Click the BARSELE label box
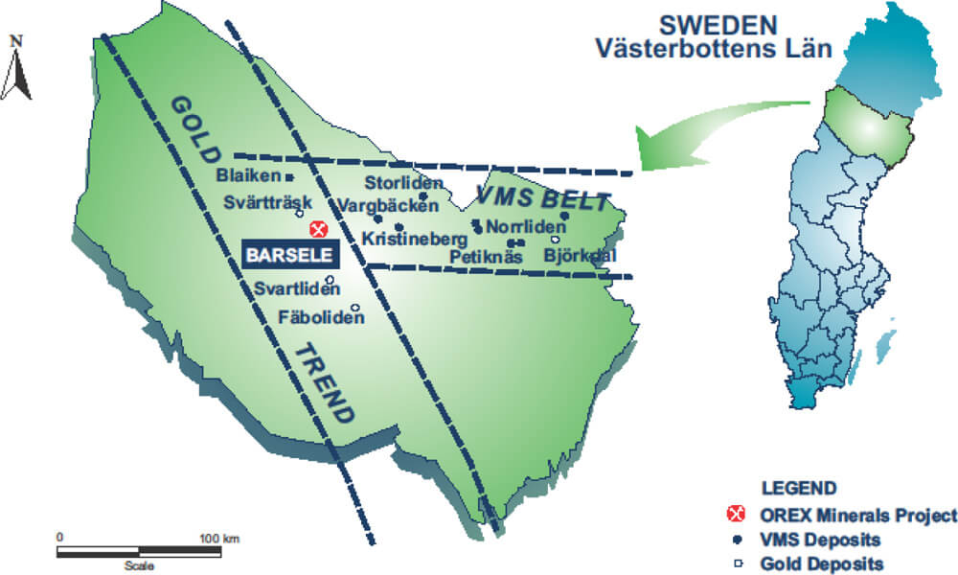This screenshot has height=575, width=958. click(289, 255)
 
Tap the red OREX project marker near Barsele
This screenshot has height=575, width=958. click(320, 229)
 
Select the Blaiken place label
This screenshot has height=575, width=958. click(247, 176)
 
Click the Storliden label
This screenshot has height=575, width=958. click(404, 183)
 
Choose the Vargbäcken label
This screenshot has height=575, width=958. click(388, 205)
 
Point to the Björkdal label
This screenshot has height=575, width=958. click(579, 256)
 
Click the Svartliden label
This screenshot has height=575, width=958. click(294, 288)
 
